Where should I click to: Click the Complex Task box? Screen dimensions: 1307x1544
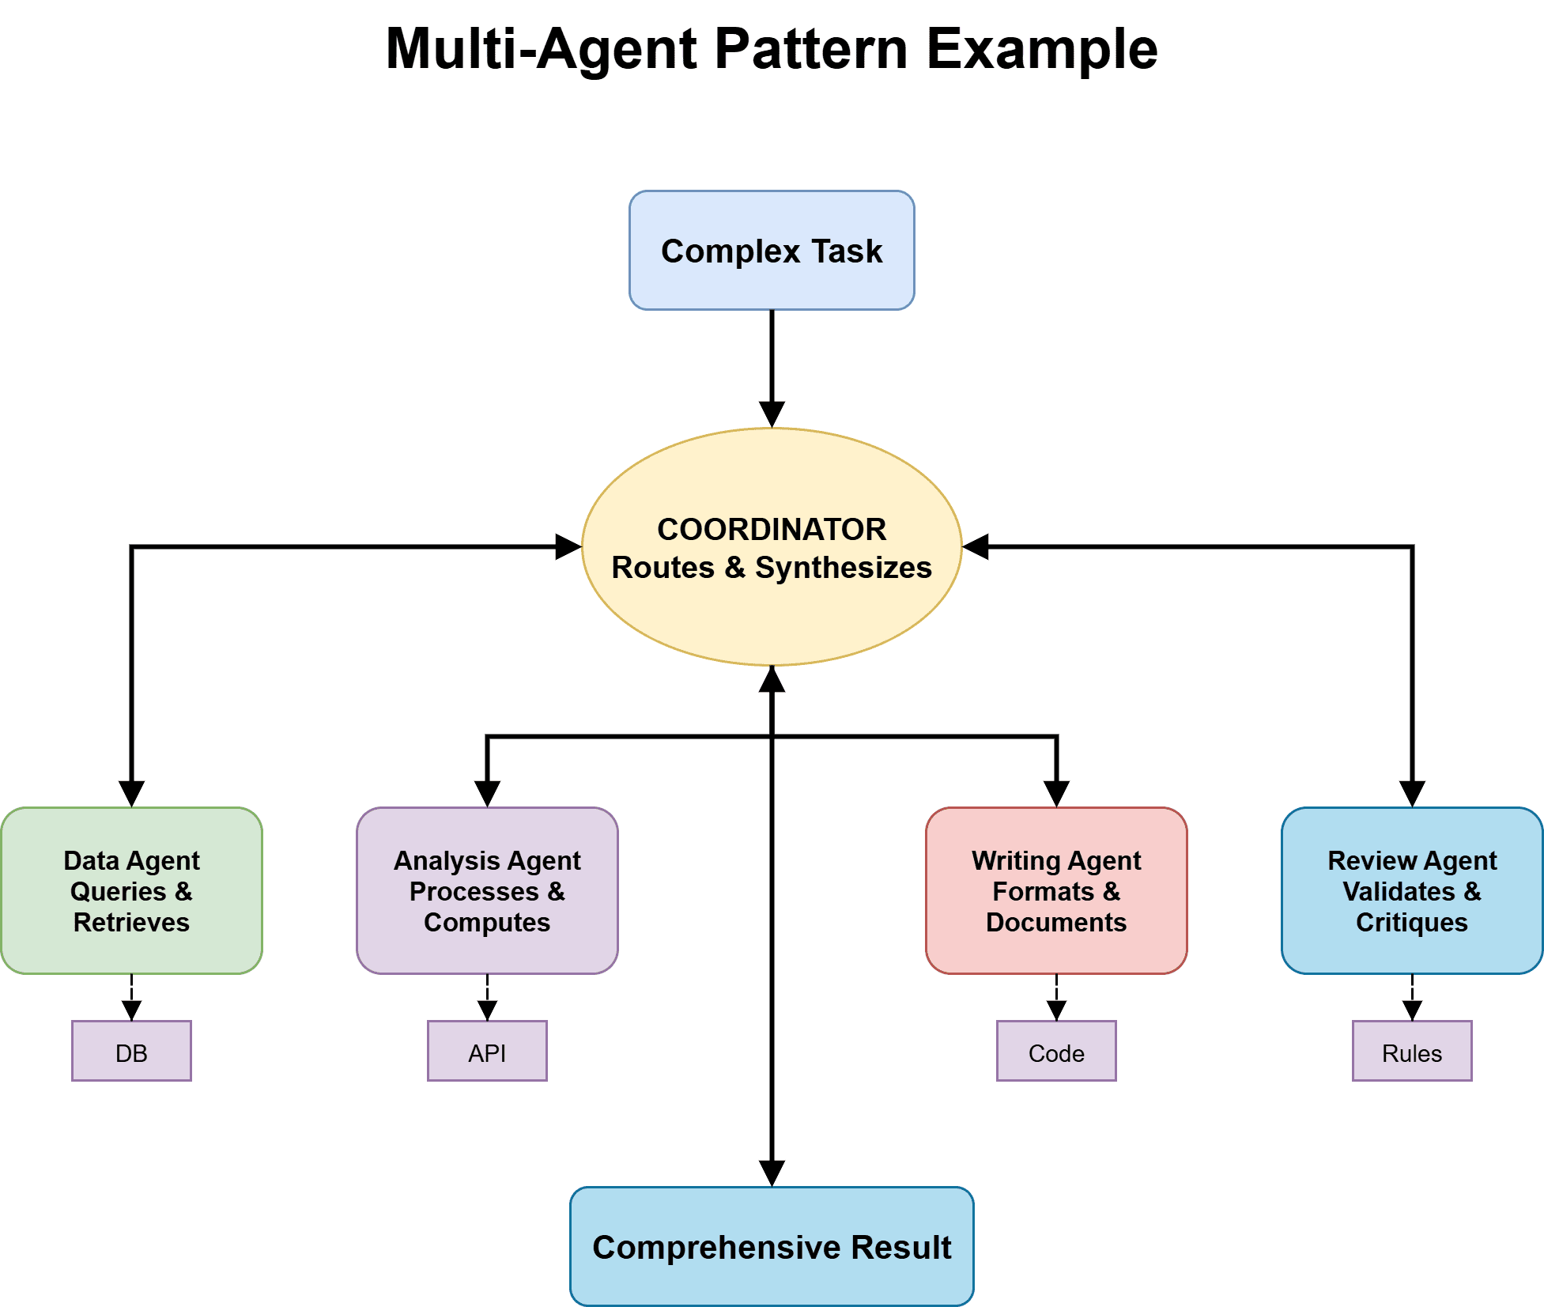pyautogui.click(x=772, y=250)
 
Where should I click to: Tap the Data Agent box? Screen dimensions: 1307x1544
pyautogui.click(x=131, y=890)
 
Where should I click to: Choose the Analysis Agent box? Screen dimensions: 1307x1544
pyautogui.click(x=487, y=890)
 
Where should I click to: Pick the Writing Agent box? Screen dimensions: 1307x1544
pyautogui.click(x=1056, y=890)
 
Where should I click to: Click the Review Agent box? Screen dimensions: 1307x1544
pyautogui.click(x=1412, y=890)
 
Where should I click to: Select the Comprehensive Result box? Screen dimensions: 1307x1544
pyautogui.click(x=772, y=1246)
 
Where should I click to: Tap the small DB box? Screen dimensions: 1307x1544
pyautogui.click(x=131, y=1051)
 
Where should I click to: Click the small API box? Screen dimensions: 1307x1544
pyautogui.click(x=487, y=1051)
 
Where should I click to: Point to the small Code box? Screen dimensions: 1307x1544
pyautogui.click(x=1056, y=1051)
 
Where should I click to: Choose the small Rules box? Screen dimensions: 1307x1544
pyautogui.click(x=1412, y=1051)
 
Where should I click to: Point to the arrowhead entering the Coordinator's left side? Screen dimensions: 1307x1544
pyautogui.click(x=568, y=546)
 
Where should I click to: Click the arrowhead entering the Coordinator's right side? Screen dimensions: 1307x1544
pyautogui.click(x=976, y=546)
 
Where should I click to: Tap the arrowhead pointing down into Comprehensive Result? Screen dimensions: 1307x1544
pyautogui.click(x=772, y=1173)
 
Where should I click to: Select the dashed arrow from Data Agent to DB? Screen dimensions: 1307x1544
pyautogui.click(x=131, y=998)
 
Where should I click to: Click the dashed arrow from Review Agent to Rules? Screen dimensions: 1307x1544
pyautogui.click(x=1412, y=998)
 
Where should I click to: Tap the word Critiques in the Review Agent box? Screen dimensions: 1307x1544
pyautogui.click(x=1412, y=922)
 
